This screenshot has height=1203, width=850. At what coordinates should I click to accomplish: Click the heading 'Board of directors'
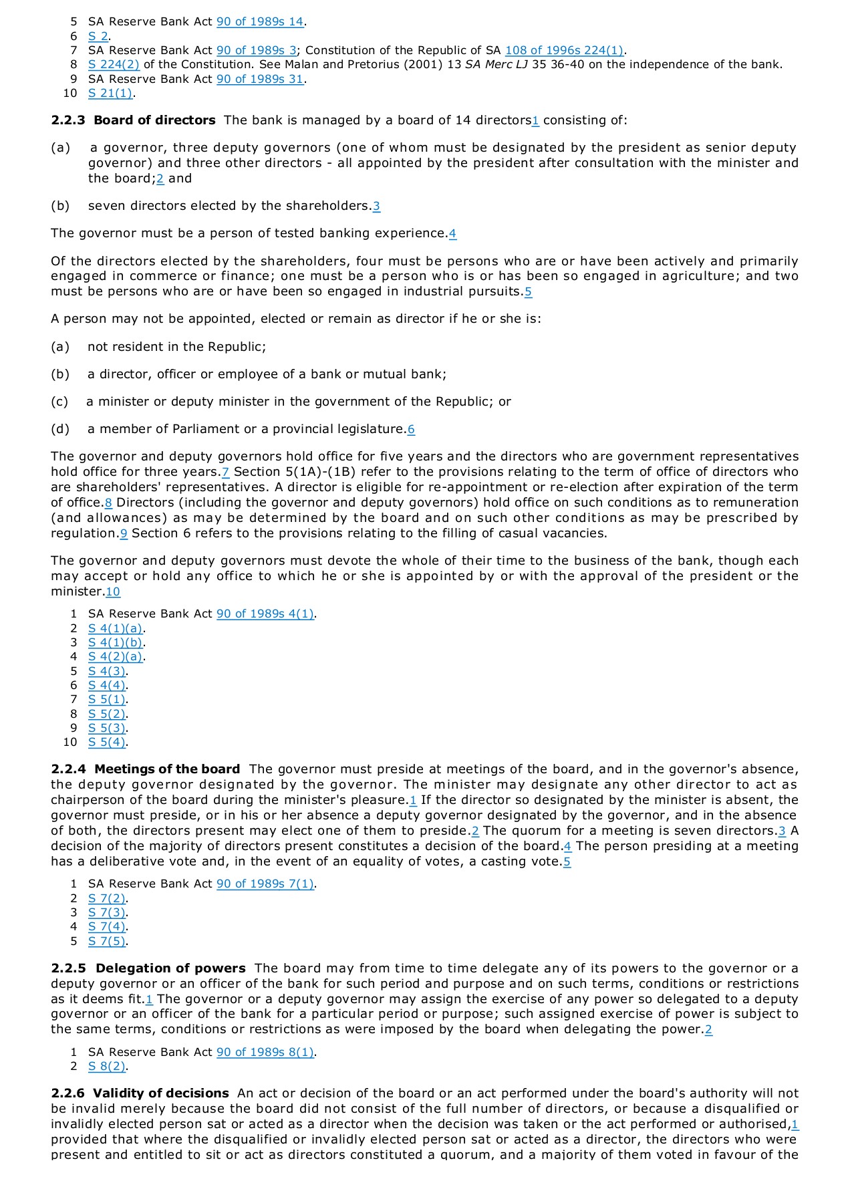(x=154, y=120)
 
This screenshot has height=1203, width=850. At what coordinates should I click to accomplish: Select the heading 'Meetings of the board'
(x=167, y=769)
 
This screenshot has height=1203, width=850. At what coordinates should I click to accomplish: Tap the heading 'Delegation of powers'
(x=170, y=968)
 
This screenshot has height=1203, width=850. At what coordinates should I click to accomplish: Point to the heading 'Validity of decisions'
(x=161, y=1093)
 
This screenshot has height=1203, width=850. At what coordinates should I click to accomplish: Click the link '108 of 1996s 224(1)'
(x=564, y=50)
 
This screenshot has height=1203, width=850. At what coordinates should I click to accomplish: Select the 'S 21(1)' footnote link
(x=110, y=93)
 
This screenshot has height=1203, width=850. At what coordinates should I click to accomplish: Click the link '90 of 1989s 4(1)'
(x=265, y=614)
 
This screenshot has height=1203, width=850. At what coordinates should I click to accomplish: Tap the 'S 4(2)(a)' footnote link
(x=116, y=656)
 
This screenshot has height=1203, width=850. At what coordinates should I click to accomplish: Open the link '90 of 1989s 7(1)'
(x=265, y=884)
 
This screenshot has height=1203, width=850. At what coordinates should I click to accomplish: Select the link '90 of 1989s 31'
(x=260, y=79)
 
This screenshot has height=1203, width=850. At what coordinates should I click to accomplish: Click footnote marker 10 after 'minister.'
(x=113, y=591)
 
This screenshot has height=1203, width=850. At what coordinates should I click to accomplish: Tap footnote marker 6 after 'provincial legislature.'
(x=411, y=430)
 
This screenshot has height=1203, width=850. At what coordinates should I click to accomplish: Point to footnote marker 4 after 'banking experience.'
(x=453, y=234)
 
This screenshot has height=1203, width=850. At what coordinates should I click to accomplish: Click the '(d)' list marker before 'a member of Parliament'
(x=60, y=429)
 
